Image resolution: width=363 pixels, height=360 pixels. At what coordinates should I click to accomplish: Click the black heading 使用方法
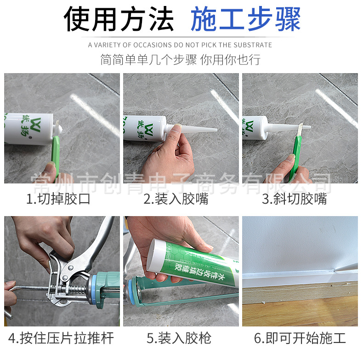point(119,20)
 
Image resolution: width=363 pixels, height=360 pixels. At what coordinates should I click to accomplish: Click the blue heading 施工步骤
point(245,20)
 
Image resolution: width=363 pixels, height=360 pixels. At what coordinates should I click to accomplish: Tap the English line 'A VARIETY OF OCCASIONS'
point(180,45)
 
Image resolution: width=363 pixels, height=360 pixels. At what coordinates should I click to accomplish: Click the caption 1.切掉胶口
point(58,199)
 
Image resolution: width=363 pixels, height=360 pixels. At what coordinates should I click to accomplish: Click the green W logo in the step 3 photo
point(250,126)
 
